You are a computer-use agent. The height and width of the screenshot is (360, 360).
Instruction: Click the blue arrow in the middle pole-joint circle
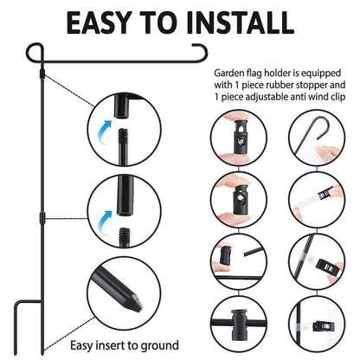point(108,216)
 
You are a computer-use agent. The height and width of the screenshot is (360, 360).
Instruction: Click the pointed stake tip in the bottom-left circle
point(137,303)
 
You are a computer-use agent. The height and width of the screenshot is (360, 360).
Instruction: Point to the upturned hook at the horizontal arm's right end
point(198,51)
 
